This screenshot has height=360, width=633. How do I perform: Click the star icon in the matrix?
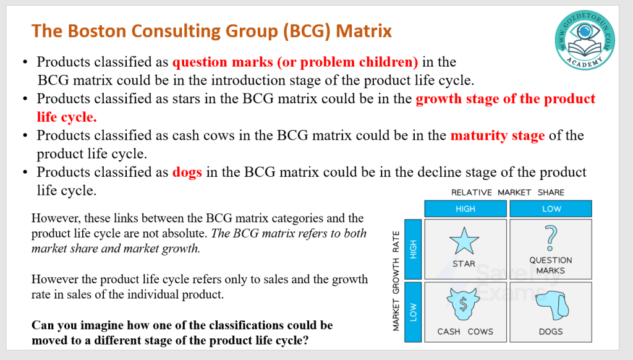[464, 241]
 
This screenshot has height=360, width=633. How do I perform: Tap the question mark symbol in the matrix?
[550, 238]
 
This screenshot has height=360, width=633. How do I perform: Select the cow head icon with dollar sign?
[464, 304]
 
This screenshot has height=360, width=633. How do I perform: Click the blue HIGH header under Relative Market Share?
[465, 209]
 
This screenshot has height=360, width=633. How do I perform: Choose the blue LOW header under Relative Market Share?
[551, 209]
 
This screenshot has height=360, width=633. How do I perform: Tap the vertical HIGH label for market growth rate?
[413, 249]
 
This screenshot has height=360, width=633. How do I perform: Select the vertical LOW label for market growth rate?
[413, 312]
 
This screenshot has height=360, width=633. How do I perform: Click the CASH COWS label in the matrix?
[465, 332]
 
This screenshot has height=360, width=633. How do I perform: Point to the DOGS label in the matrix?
[551, 332]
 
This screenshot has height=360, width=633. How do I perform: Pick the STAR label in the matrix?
[464, 264]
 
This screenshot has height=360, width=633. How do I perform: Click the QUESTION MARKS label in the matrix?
[551, 265]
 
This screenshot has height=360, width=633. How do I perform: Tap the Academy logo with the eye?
[585, 40]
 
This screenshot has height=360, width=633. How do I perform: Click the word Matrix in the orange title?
[363, 31]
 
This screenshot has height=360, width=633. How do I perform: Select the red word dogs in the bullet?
[187, 172]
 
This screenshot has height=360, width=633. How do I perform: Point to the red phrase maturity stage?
[498, 135]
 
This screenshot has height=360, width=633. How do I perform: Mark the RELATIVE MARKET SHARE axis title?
[508, 192]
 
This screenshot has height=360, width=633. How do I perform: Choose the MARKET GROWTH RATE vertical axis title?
[396, 281]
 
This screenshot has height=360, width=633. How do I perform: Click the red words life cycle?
[67, 117]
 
